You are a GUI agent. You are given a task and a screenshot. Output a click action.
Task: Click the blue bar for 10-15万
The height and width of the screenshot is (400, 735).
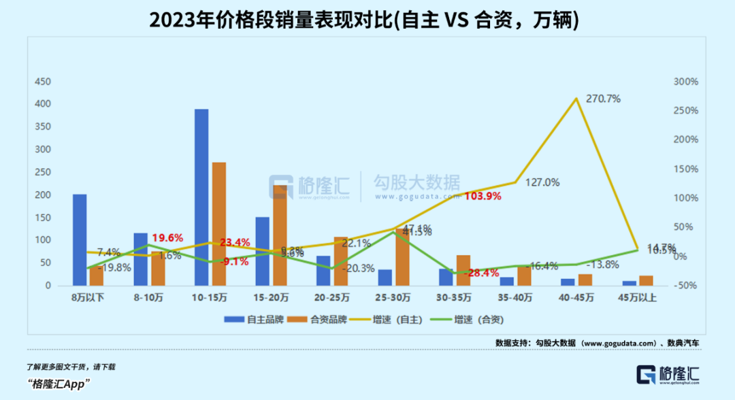pyautogui.click(x=201, y=197)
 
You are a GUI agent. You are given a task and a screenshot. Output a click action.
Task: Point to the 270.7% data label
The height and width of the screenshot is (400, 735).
pyautogui.click(x=603, y=99)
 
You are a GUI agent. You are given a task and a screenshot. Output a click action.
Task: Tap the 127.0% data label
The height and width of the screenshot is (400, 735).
pyautogui.click(x=542, y=182)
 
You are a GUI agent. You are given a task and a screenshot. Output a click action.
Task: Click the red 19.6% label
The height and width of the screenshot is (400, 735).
pyautogui.click(x=167, y=237)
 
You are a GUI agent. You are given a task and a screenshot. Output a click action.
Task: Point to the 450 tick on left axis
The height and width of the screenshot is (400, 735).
pyautogui.click(x=43, y=82)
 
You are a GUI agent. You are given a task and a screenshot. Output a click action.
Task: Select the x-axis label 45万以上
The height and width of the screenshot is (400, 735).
pyautogui.click(x=637, y=297)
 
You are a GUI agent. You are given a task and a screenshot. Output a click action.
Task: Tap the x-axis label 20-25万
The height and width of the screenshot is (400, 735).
pyautogui.click(x=332, y=297)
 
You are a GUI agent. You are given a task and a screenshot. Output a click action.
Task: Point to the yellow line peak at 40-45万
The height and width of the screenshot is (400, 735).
pyautogui.click(x=576, y=99)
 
